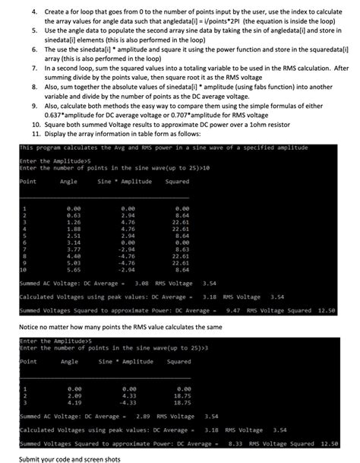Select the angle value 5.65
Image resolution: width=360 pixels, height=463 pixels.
click(x=74, y=268)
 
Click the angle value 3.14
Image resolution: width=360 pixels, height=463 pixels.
click(x=74, y=241)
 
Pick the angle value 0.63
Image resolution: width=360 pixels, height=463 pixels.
click(x=74, y=214)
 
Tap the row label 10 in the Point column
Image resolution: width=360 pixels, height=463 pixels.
click(x=23, y=268)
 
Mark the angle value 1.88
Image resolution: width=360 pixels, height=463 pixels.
click(x=74, y=227)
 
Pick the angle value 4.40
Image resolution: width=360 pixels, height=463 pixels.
click(x=74, y=255)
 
